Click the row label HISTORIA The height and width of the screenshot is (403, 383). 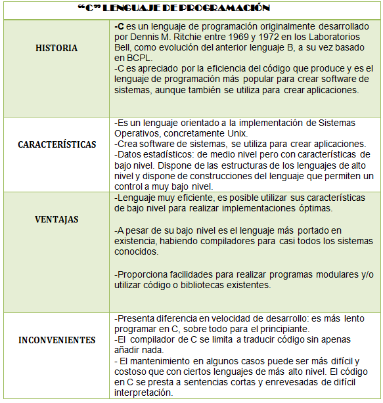[x=56, y=48]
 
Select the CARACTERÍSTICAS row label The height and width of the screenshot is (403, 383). [x=56, y=144]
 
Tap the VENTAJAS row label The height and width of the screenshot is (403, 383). [x=56, y=219]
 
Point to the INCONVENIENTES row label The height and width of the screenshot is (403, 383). [x=56, y=340]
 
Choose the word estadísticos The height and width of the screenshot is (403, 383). [x=168, y=154]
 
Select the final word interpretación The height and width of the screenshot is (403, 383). [x=143, y=393]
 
